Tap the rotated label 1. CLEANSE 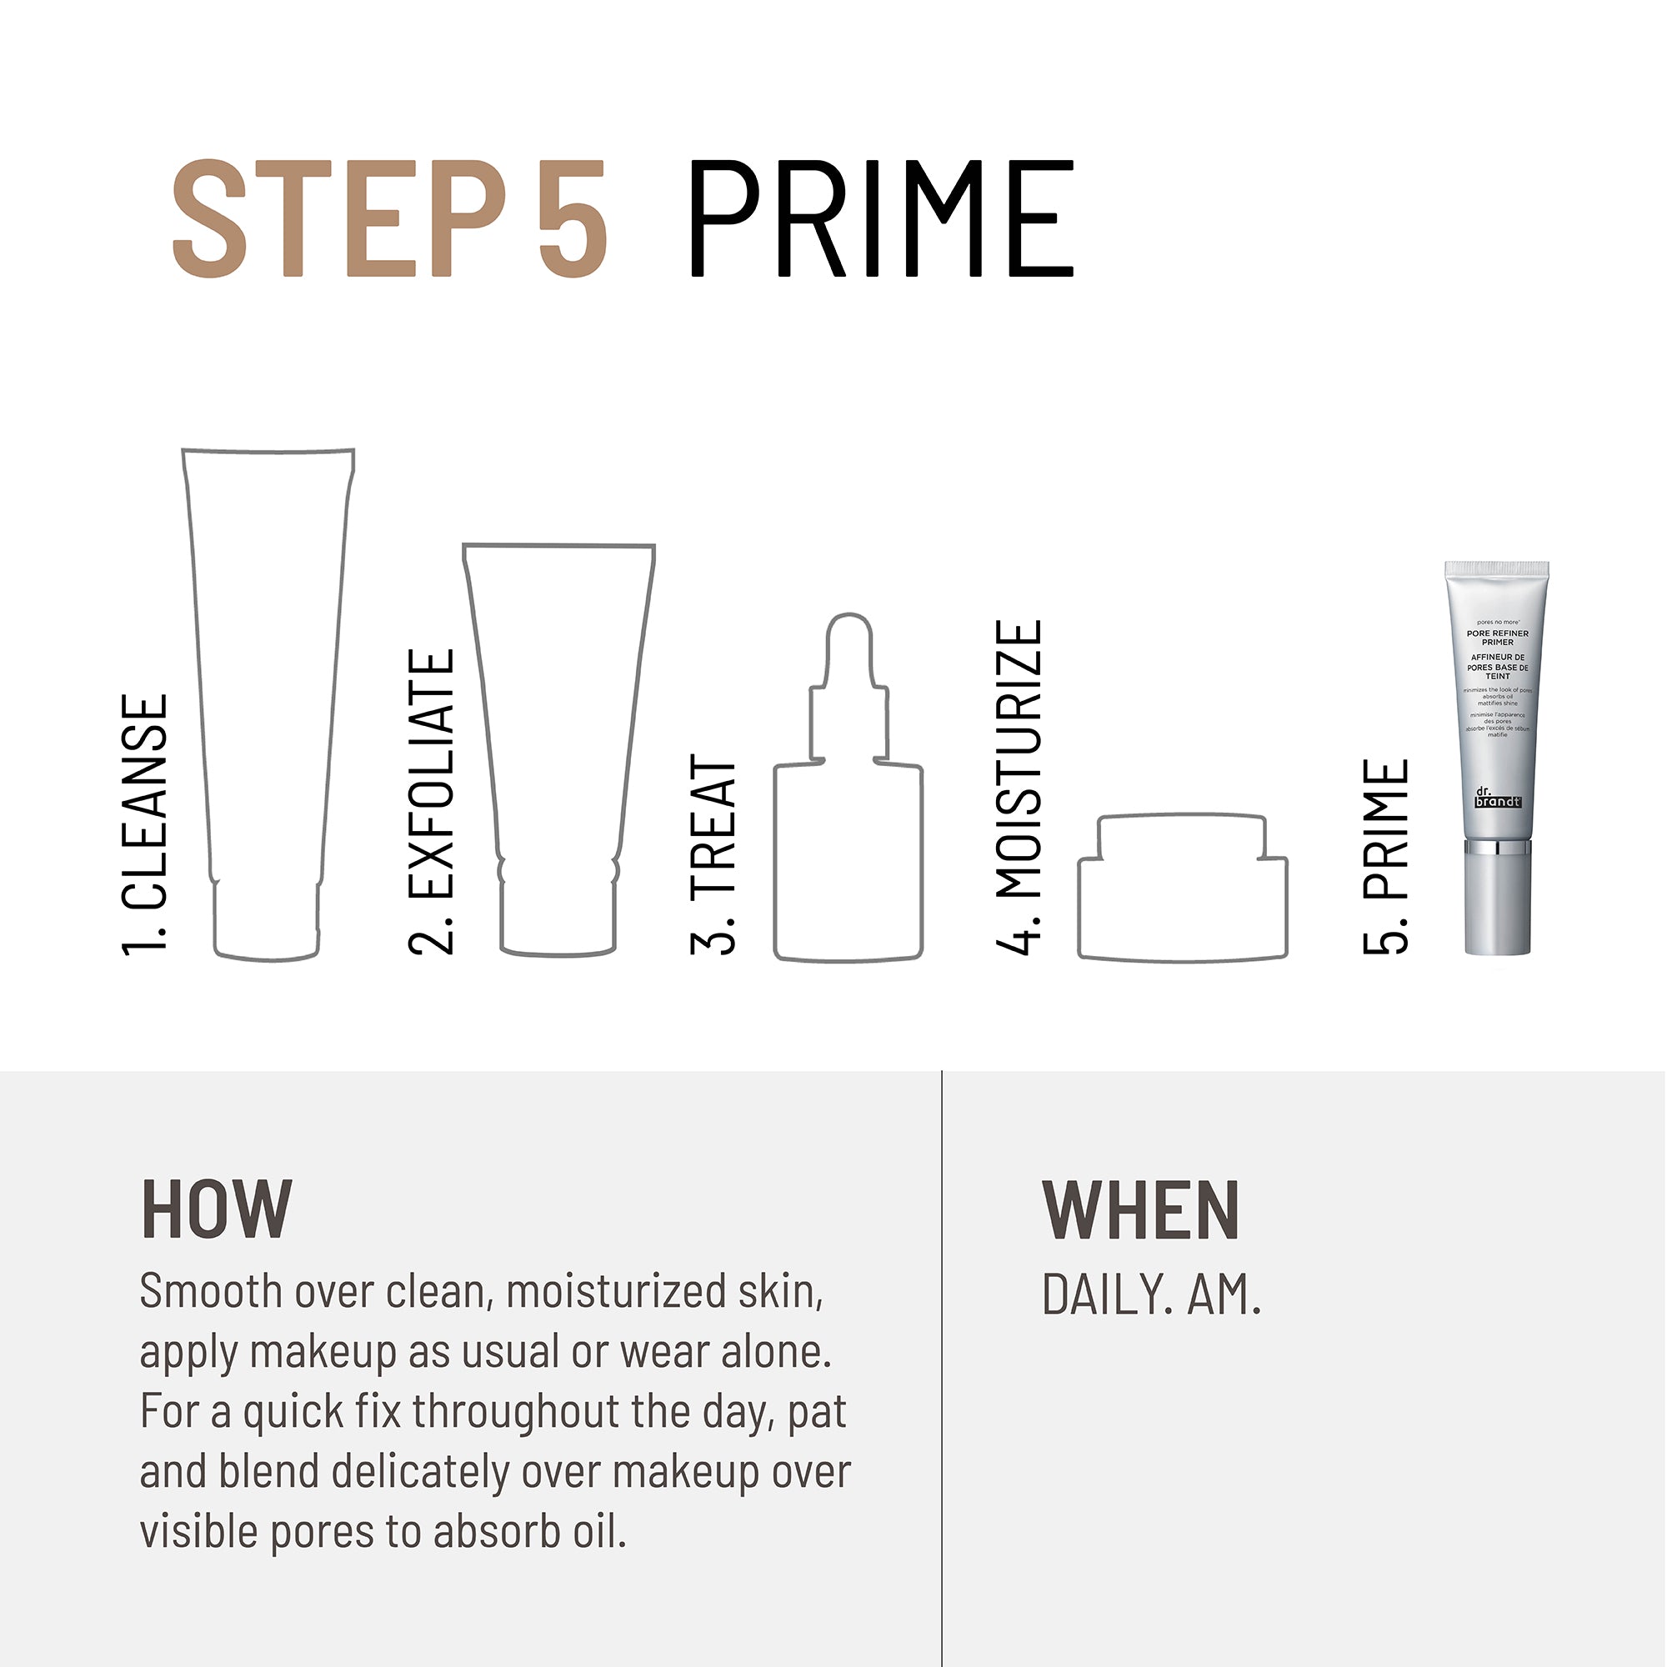(x=144, y=824)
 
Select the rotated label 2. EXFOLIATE (x=431, y=802)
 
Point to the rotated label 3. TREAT (x=713, y=854)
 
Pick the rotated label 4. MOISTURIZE (x=1019, y=786)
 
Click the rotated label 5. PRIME (x=1386, y=856)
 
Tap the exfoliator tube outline (x=559, y=742)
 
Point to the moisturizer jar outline (x=1182, y=898)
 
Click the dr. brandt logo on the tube (x=1497, y=798)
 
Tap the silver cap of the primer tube (x=1498, y=902)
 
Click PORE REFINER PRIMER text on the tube (x=1497, y=638)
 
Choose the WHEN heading (x=1141, y=1210)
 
